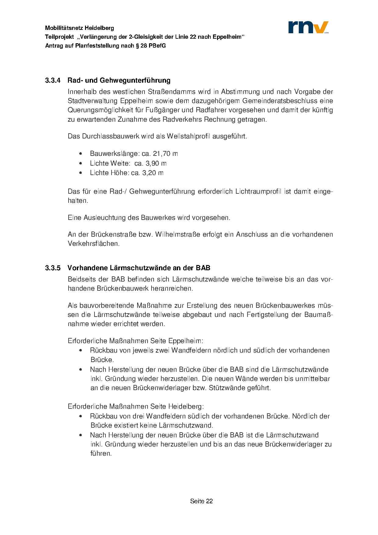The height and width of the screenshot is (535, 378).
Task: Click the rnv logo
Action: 308,27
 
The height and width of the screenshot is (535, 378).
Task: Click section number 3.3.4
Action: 53,81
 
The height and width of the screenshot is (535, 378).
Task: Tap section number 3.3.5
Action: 53,268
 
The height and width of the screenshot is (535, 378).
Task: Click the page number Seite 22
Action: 201,501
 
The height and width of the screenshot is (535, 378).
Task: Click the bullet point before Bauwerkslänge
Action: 80,154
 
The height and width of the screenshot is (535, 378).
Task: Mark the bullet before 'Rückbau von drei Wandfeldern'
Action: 80,416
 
